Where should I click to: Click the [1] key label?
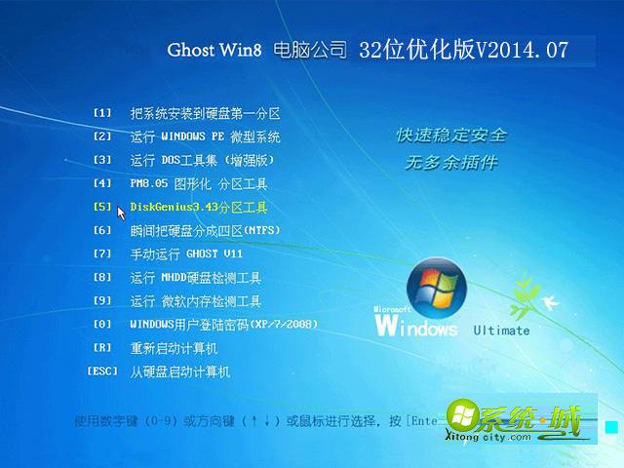(103, 112)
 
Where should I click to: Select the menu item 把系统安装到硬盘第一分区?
(205, 113)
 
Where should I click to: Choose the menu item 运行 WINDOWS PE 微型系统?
(205, 136)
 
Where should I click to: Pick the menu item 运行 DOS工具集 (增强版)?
(202, 160)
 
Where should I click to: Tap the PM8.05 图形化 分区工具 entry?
(198, 183)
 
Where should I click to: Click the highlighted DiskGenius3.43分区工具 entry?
(198, 207)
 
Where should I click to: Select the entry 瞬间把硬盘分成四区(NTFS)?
(205, 230)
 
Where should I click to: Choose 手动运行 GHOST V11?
(185, 253)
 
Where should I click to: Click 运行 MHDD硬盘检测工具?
(195, 277)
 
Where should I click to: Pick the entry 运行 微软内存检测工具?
(195, 300)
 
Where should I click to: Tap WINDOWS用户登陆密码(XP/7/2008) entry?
(223, 324)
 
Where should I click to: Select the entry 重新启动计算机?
(174, 348)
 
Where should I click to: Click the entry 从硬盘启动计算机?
(179, 371)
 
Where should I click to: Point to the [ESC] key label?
(102, 370)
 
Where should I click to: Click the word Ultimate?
(501, 330)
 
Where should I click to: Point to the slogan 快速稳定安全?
(450, 135)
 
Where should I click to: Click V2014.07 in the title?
(522, 50)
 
